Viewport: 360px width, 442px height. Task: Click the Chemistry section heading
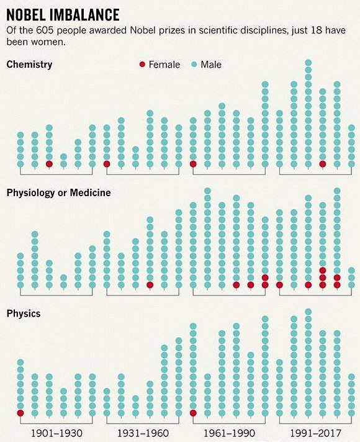click(x=29, y=64)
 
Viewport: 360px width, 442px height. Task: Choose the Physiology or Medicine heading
click(x=58, y=192)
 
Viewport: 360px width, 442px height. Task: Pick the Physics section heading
click(x=24, y=313)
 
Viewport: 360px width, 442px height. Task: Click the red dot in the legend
click(x=142, y=65)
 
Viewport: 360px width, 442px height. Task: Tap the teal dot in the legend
click(x=193, y=65)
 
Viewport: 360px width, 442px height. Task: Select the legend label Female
click(x=164, y=65)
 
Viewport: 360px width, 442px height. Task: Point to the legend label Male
click(x=210, y=65)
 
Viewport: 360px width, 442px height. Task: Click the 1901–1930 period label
click(x=56, y=432)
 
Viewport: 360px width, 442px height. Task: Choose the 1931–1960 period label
click(x=143, y=432)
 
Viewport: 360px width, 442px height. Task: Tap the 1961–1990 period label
click(x=229, y=432)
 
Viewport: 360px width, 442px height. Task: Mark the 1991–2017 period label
click(x=315, y=432)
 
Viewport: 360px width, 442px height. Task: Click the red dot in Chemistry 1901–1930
click(x=49, y=164)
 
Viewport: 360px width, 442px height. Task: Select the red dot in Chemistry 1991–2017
click(x=322, y=164)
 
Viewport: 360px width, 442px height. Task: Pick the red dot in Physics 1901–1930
click(x=20, y=413)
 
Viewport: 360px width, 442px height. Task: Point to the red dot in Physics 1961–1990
click(x=193, y=413)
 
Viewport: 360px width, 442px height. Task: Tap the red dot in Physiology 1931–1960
click(x=150, y=285)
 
